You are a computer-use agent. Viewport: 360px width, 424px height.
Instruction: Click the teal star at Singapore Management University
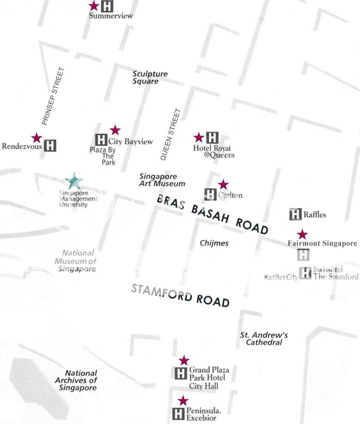click(x=73, y=181)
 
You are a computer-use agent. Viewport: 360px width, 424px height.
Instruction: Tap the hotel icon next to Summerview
click(x=107, y=6)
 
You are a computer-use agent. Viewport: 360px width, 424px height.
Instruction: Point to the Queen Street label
click(x=170, y=134)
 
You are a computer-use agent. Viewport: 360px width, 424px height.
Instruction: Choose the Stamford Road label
click(x=181, y=296)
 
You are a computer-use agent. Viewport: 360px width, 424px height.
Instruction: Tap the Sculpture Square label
click(x=150, y=77)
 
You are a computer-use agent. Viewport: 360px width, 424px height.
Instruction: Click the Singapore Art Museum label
click(x=162, y=180)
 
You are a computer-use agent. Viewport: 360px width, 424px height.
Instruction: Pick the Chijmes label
click(x=214, y=243)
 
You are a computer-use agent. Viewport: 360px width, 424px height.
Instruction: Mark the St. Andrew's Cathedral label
click(x=264, y=339)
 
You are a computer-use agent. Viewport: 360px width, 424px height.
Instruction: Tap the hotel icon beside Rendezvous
click(x=50, y=145)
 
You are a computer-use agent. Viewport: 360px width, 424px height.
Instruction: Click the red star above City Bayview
click(x=115, y=130)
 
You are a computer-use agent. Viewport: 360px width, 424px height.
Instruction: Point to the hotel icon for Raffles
click(x=295, y=214)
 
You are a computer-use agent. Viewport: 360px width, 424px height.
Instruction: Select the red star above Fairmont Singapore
click(x=302, y=234)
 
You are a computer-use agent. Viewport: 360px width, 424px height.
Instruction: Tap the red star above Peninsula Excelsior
click(x=183, y=400)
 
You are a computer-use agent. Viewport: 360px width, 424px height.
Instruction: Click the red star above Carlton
click(x=223, y=184)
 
